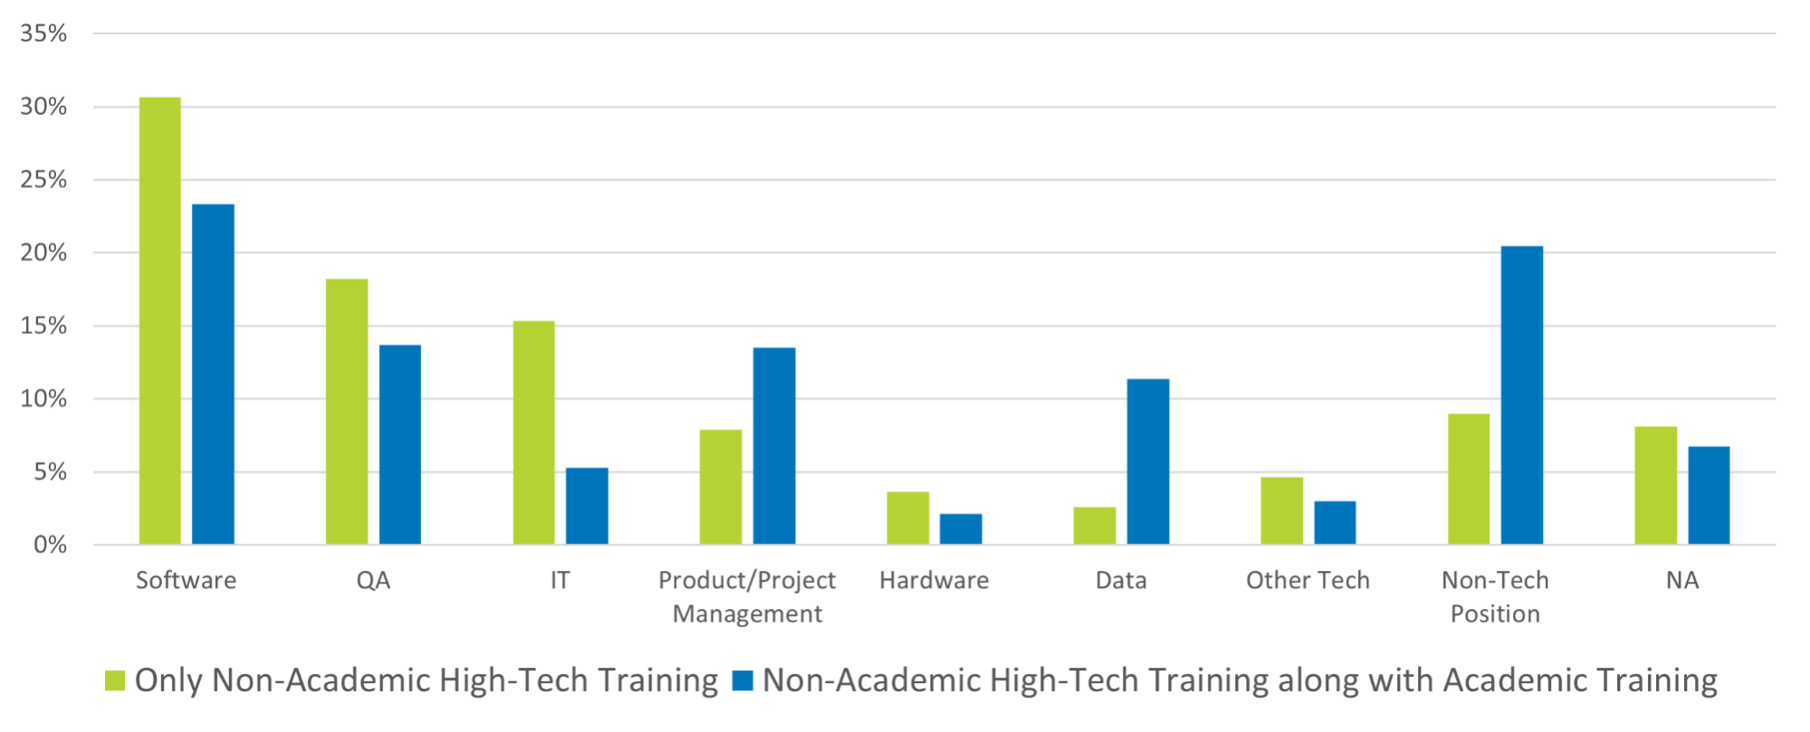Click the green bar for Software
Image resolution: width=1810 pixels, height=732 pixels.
[159, 320]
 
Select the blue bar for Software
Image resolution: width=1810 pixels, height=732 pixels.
[213, 374]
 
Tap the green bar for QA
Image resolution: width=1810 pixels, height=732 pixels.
[347, 412]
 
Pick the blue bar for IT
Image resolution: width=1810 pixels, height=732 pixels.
[587, 506]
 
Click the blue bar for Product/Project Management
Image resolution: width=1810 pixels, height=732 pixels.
[774, 445]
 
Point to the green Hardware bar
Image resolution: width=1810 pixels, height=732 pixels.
[908, 518]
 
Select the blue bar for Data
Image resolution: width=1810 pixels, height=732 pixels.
[1148, 461]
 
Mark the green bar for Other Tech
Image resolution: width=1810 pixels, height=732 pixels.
[1282, 510]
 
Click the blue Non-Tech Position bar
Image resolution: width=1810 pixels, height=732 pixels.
[1522, 395]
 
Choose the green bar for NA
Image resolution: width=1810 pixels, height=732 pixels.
[1656, 485]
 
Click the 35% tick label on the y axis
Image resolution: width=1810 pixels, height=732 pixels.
[43, 33]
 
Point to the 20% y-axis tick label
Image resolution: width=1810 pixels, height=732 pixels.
[43, 253]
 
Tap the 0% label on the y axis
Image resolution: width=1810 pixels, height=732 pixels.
[50, 545]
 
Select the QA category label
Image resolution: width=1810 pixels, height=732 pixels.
[373, 581]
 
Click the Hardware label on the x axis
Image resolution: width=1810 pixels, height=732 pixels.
[934, 581]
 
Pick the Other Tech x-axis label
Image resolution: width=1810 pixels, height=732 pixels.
[1307, 581]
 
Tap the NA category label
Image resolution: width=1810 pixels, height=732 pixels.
[1682, 581]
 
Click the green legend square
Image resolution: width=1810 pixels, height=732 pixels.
[115, 681]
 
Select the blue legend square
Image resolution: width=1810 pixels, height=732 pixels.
[742, 681]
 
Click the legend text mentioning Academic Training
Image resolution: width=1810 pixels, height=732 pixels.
[1240, 681]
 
